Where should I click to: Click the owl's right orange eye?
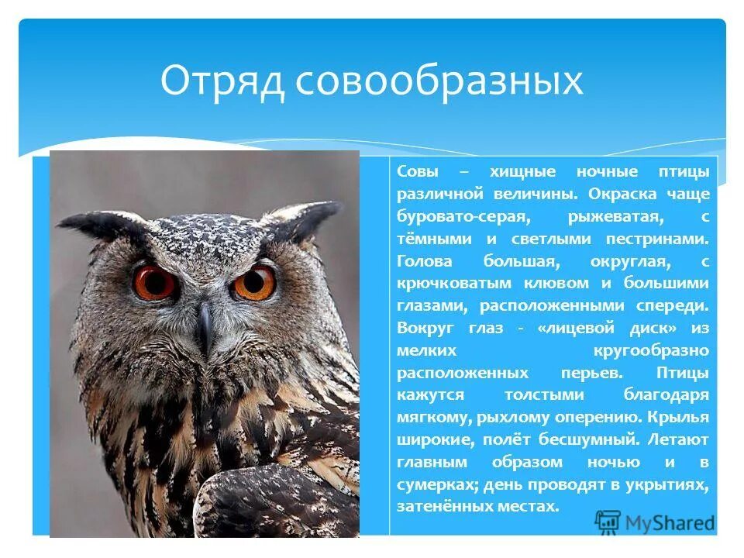254,283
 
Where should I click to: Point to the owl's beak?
205,324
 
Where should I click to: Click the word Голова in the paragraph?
425,262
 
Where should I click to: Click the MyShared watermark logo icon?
609,522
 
